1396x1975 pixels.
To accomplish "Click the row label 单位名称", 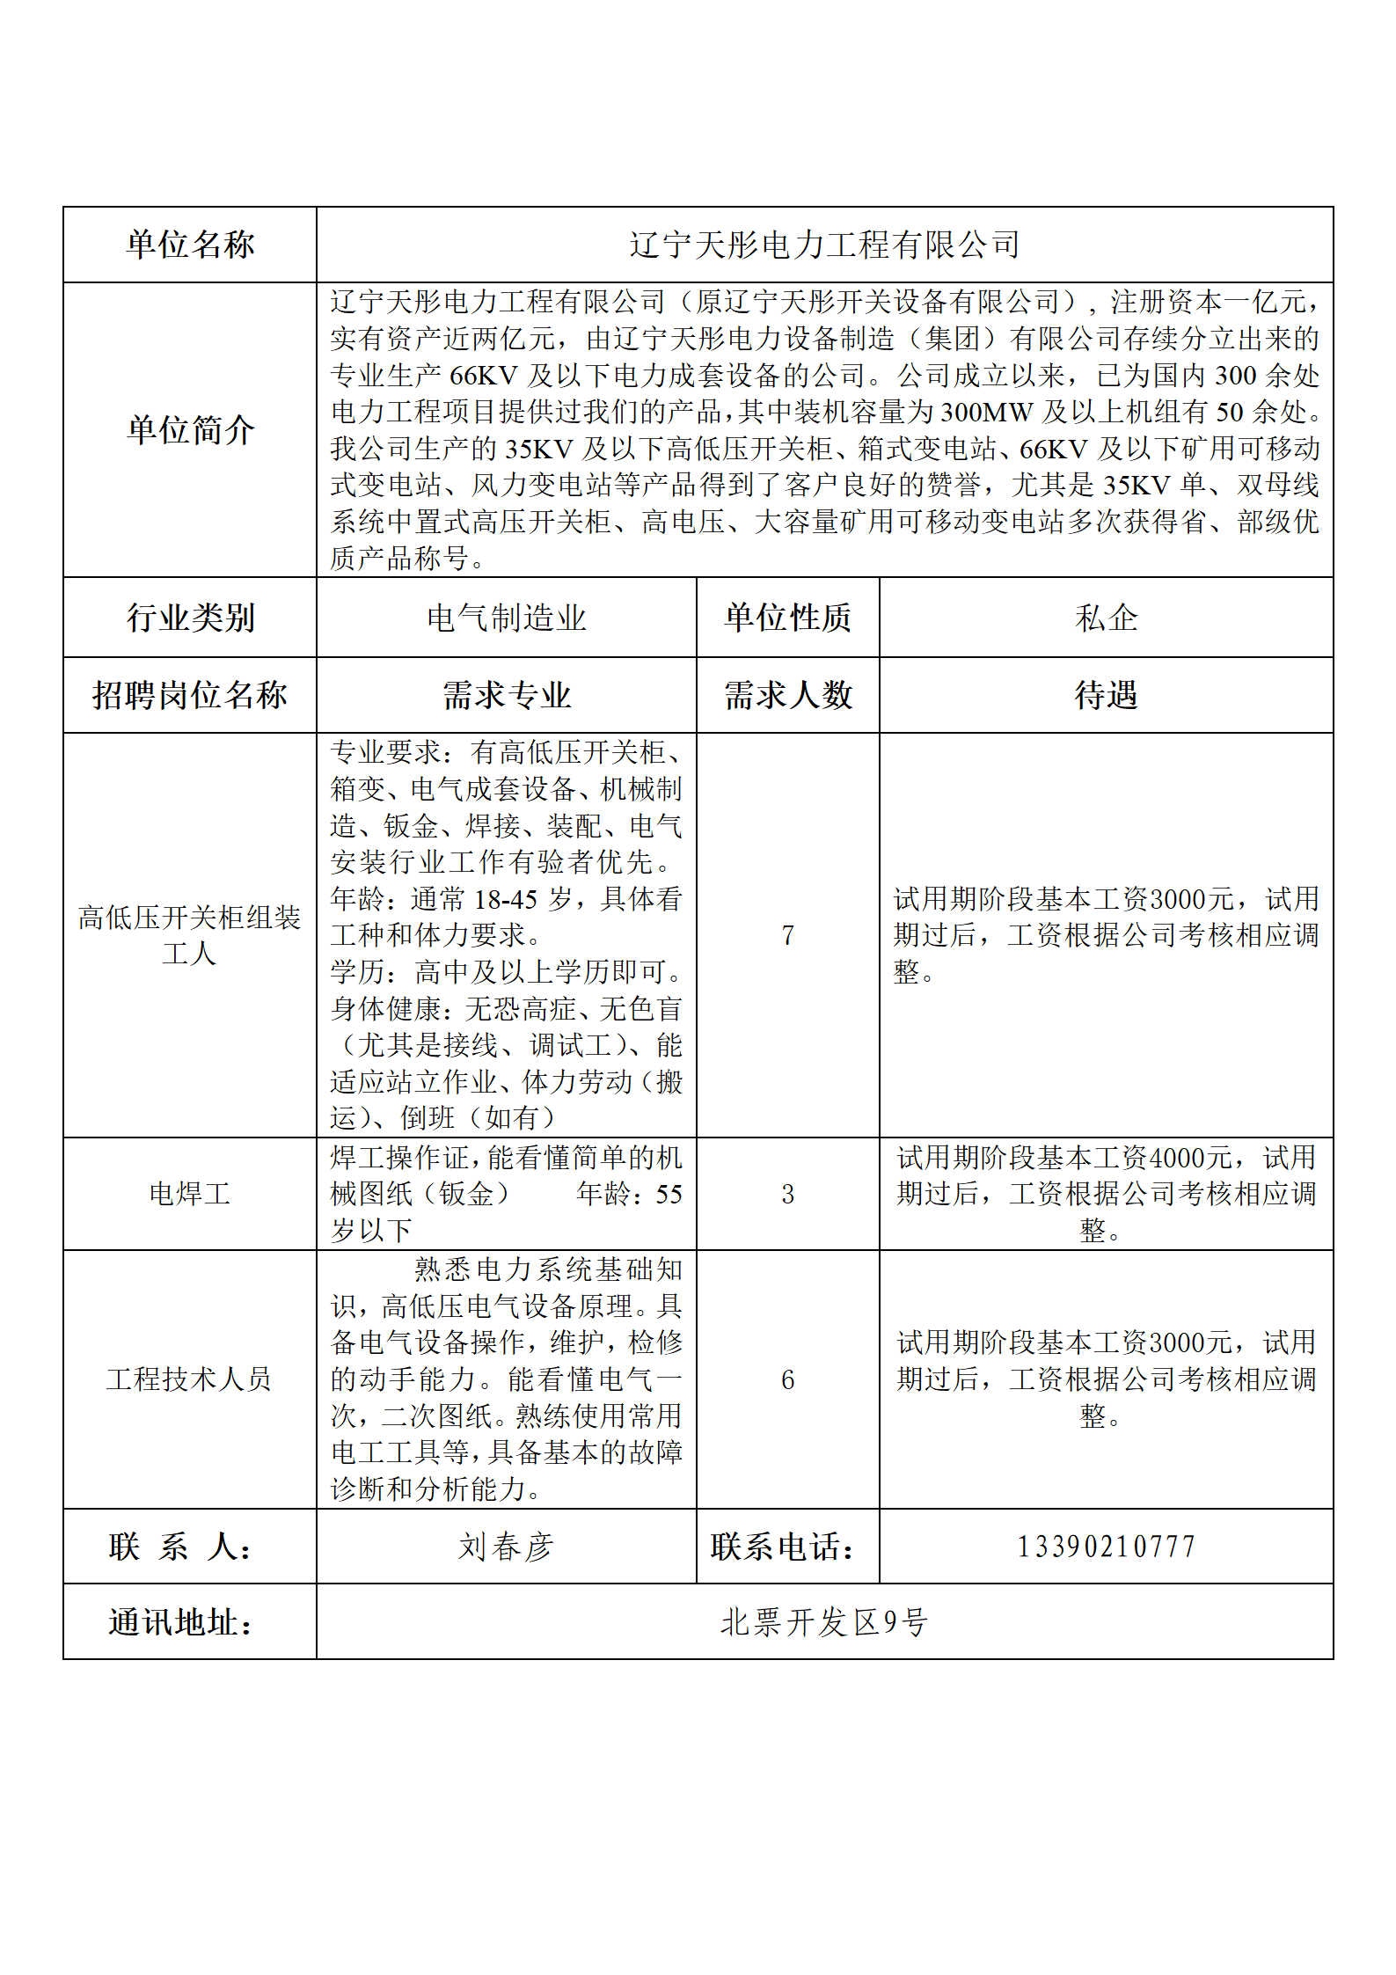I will tap(190, 245).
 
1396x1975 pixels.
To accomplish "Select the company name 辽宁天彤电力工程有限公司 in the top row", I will tap(824, 245).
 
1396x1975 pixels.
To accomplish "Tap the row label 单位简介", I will tap(190, 430).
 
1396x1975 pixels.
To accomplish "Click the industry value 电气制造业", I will tap(506, 618).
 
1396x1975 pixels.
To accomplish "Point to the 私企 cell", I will tap(1106, 618).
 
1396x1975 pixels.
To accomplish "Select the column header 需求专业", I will tap(506, 695).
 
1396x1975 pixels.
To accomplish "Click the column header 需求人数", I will tap(787, 695).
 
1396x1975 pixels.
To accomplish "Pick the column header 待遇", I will tap(1106, 695).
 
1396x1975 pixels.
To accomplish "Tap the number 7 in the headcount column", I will tap(787, 935).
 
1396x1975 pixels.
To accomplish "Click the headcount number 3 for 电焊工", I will tap(787, 1194).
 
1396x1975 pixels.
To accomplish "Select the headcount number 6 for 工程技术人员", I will tap(787, 1379).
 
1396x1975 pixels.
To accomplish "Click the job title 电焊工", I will tap(190, 1194).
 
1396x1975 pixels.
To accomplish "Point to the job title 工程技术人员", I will tap(190, 1379).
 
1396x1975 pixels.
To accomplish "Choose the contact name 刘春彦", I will tap(506, 1547).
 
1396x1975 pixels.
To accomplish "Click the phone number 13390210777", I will tap(1106, 1547).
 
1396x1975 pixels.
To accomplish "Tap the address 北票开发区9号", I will tap(824, 1622).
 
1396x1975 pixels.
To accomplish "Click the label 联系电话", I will tap(783, 1547).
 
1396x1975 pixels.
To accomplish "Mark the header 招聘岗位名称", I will tap(190, 695).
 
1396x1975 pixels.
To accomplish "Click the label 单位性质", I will tap(787, 618).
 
